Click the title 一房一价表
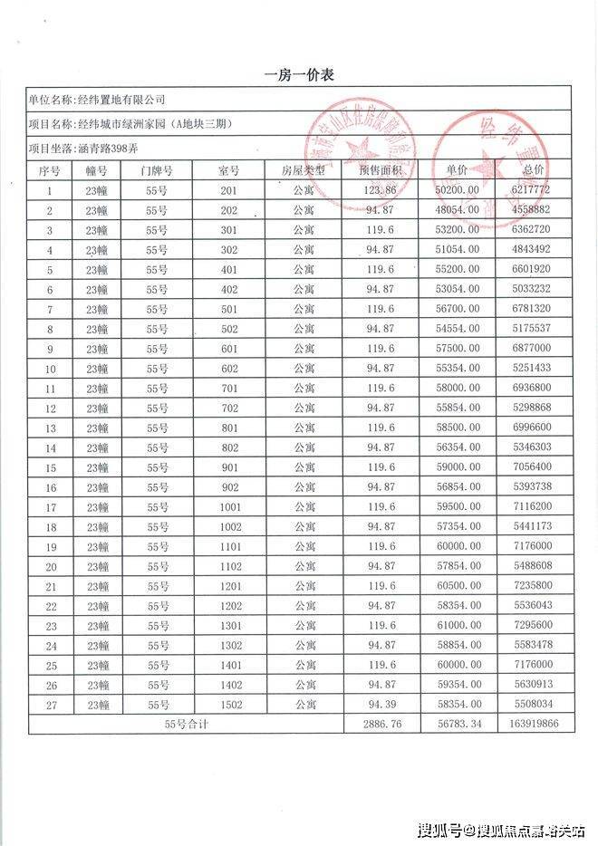click(299, 75)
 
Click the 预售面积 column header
click(380, 170)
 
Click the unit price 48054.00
click(458, 210)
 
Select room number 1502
click(229, 705)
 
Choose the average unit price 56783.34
click(458, 725)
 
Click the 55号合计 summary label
click(187, 725)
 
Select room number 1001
click(229, 507)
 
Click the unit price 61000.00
click(458, 626)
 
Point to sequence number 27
click(51, 705)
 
